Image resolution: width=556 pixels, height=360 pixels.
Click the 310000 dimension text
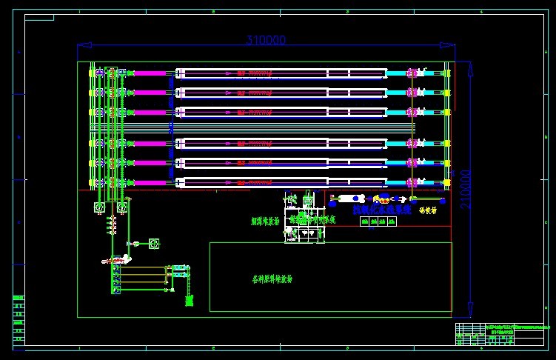266,41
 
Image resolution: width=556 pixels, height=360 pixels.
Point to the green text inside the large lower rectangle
272,279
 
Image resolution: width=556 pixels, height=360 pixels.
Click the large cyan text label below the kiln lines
381,210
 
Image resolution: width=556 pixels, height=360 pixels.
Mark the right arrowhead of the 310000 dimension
452,46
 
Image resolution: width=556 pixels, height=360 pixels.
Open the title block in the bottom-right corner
503,334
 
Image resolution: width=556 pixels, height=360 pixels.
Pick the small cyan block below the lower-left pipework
190,301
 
